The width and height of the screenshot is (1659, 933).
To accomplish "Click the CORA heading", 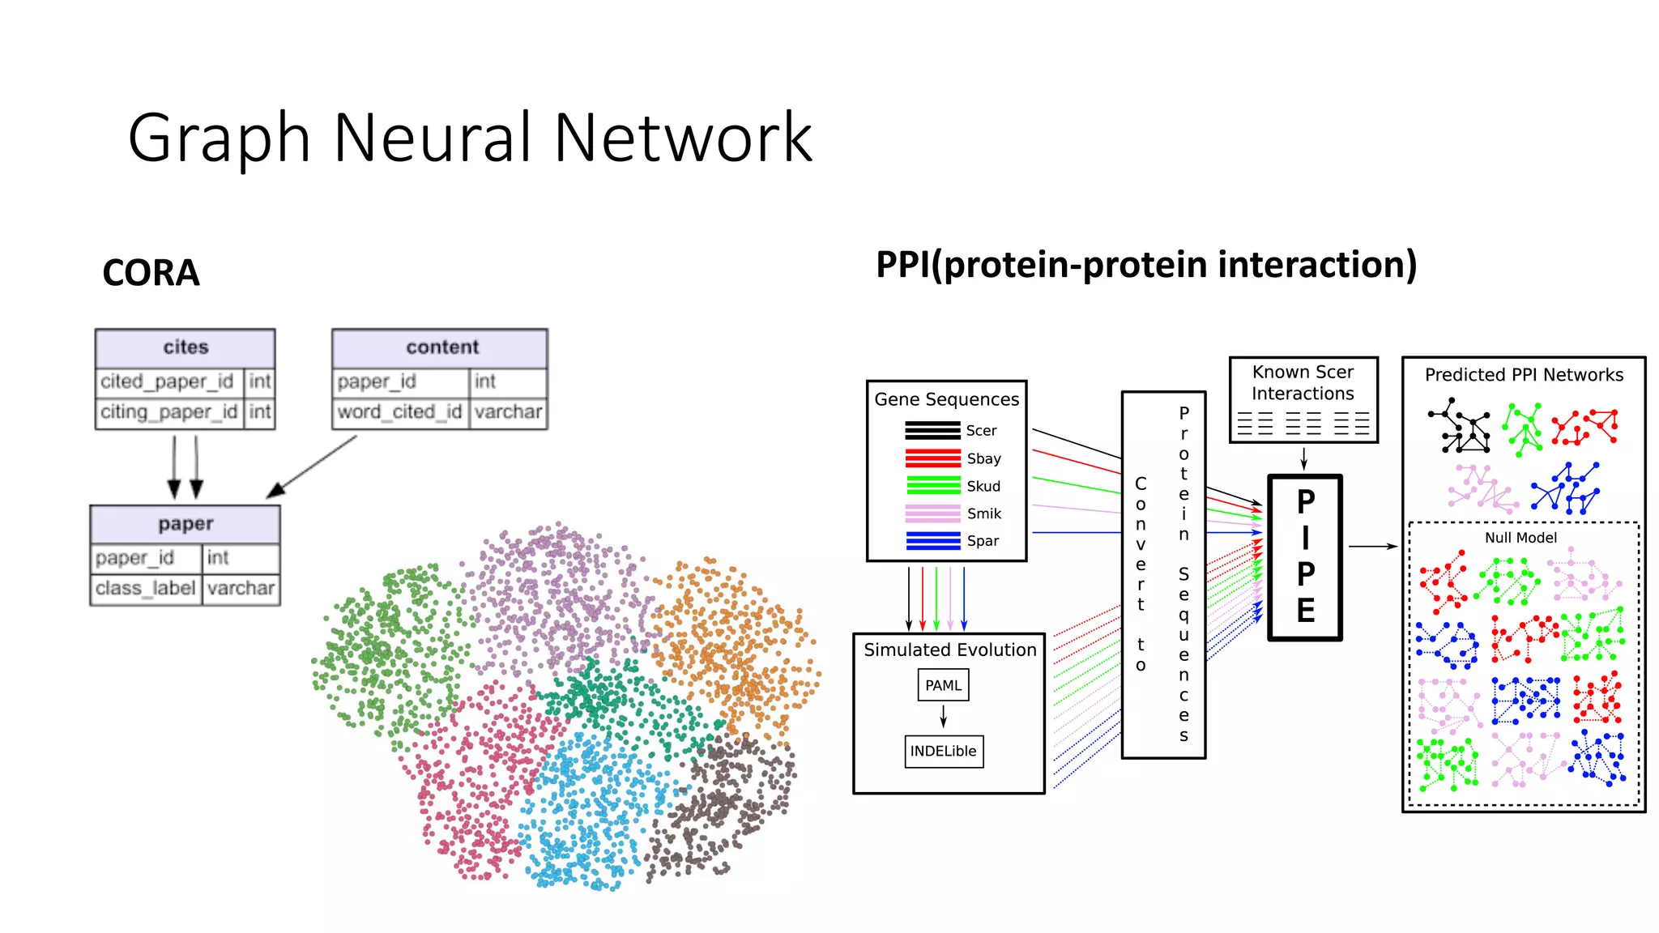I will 151,273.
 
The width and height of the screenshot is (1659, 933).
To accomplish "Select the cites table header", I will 186,347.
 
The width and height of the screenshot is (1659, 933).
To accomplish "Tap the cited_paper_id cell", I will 168,381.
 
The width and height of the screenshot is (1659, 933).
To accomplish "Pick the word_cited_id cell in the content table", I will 399,412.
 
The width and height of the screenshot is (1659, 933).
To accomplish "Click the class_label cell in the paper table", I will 146,588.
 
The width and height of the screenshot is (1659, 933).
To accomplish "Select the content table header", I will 441,347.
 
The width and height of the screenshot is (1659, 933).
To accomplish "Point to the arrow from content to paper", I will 311,466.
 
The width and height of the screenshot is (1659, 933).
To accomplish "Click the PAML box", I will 943,685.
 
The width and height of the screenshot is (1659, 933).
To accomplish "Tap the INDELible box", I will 943,751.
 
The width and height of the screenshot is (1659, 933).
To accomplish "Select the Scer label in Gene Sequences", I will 981,431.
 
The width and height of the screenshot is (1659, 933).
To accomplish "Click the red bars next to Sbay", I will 932,458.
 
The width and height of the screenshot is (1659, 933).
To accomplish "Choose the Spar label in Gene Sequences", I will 983,541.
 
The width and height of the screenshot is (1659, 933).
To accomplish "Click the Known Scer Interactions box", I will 1303,398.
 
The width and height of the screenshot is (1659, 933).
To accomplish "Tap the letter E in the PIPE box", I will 1305,611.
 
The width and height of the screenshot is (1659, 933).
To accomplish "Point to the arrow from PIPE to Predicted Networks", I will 1372,547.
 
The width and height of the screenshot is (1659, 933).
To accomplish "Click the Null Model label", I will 1520,538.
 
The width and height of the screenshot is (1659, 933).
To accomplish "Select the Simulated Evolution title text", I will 949,650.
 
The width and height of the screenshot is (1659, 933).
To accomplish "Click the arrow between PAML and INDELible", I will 943,717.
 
